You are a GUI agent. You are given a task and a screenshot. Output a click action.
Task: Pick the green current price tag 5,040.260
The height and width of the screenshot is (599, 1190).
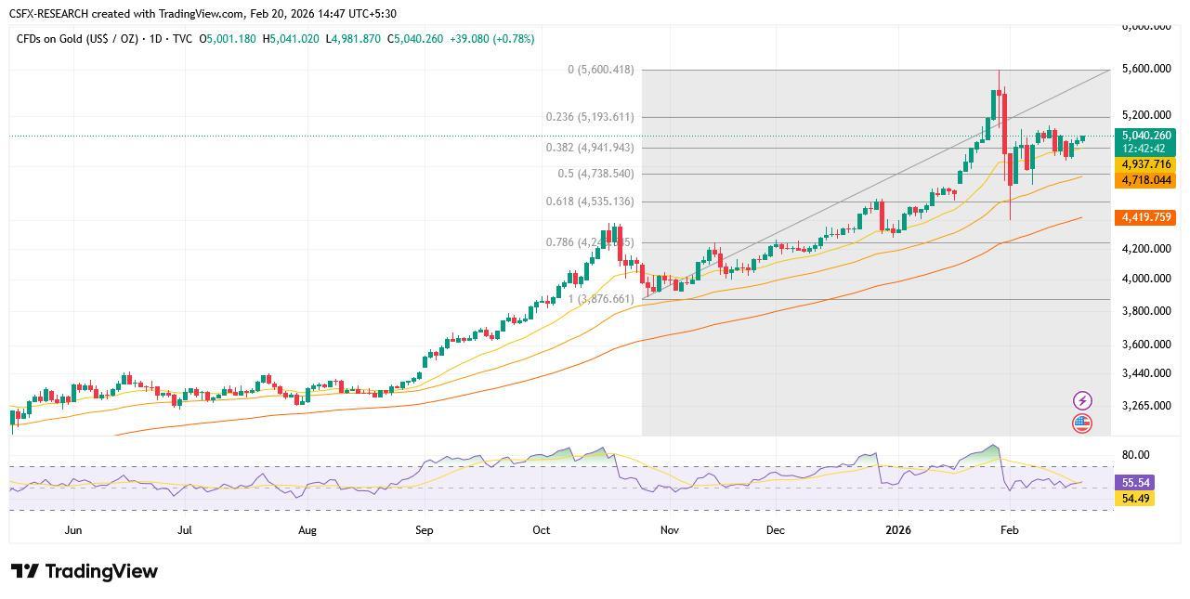pos(1145,136)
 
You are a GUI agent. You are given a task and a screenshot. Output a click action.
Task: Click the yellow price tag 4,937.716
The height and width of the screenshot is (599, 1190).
pos(1145,164)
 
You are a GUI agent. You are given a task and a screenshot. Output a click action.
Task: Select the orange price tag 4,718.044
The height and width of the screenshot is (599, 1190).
pos(1145,180)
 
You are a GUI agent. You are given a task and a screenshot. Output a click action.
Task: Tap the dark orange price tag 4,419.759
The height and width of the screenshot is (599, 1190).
pos(1145,217)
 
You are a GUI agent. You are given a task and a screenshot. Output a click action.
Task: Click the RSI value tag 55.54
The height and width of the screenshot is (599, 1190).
pos(1135,483)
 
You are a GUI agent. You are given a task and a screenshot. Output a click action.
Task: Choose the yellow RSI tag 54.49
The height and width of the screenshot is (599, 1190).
pos(1135,499)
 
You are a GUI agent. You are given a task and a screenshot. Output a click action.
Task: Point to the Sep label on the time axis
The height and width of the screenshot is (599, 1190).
pos(424,530)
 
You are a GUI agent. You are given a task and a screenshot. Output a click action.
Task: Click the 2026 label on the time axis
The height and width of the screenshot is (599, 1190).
pos(897,530)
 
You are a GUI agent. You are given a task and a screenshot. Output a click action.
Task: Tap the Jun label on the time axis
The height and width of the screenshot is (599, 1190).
pos(73,530)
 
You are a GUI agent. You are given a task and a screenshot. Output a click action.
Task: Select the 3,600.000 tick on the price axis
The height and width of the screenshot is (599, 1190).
pos(1145,345)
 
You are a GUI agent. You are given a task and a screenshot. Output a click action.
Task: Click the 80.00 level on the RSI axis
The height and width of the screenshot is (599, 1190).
pos(1135,455)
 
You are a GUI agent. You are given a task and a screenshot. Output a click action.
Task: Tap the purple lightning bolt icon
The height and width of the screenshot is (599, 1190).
pos(1082,400)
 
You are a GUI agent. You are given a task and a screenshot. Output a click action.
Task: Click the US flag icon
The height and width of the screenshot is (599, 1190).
pos(1082,423)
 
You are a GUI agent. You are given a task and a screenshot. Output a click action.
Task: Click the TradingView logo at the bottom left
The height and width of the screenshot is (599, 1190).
pos(85,571)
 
